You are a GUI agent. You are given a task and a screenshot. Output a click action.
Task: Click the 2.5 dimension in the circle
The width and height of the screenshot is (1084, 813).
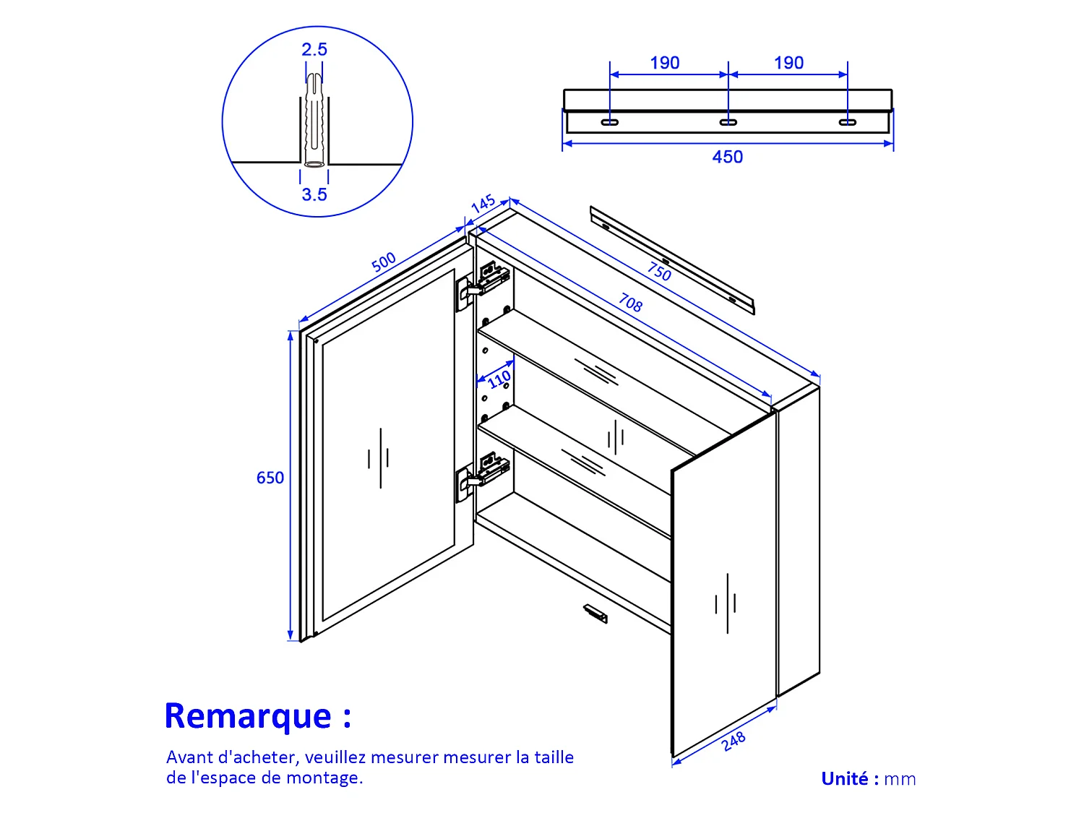[x=314, y=49]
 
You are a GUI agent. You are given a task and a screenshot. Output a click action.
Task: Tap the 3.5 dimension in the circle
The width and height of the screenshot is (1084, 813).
[x=314, y=194]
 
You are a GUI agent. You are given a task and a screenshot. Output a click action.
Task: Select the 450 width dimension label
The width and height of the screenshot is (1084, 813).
[x=727, y=157]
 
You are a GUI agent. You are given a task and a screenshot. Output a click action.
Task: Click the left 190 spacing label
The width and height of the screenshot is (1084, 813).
[x=664, y=63]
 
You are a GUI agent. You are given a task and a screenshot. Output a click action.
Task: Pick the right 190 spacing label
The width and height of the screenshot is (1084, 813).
[x=788, y=63]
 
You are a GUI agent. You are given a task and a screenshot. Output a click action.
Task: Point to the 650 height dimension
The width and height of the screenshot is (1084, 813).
[x=270, y=478]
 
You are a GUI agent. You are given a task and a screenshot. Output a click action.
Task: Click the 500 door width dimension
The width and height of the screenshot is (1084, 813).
[x=384, y=262]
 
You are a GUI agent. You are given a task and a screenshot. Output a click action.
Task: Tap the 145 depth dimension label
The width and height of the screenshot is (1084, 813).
[x=483, y=203]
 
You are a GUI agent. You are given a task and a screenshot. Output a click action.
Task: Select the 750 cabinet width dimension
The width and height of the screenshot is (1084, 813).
[x=659, y=272]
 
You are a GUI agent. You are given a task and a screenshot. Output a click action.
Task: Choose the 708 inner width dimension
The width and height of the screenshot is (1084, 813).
[x=631, y=303]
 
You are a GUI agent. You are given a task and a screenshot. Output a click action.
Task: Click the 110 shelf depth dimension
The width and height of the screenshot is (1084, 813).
[x=499, y=379]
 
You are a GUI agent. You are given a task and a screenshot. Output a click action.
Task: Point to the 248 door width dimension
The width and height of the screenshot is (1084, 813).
[x=734, y=741]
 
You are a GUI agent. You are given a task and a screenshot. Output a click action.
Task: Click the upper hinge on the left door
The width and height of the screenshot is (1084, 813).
[x=483, y=285]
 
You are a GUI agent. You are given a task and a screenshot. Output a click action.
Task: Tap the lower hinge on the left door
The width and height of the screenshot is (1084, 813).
[x=483, y=476]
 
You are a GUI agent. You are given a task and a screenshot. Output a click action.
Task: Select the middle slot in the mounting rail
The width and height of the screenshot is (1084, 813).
[x=728, y=122]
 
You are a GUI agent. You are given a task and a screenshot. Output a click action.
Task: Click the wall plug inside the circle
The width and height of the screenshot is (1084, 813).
[x=314, y=120]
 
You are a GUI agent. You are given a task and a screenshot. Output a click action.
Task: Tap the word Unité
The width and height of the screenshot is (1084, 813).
[x=845, y=778]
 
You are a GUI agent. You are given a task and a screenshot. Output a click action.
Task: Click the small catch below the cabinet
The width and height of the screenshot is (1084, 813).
[x=595, y=613]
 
